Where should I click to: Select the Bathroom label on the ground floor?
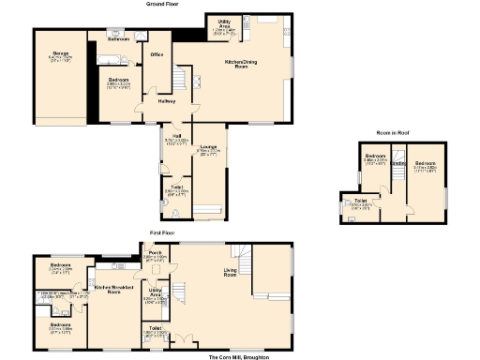tap(118, 40)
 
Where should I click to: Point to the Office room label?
tap(157, 55)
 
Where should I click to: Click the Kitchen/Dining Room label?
tap(242, 64)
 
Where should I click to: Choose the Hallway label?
tap(167, 100)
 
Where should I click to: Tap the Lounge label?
tap(209, 147)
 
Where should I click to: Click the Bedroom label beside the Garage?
tap(117, 81)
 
